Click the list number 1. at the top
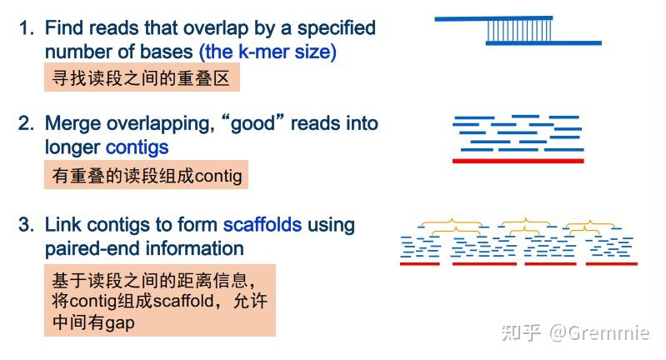pos(28,28)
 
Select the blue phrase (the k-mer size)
pos(268,52)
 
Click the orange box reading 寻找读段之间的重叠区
pos(142,79)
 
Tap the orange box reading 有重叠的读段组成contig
pos(146,176)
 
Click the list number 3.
pos(28,225)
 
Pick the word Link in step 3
pos(63,225)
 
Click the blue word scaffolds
pos(263,225)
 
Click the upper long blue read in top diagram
pos(493,17)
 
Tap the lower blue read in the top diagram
pos(543,42)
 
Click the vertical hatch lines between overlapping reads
pos(519,30)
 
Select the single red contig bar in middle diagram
pos(518,161)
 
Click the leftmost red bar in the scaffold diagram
pos(420,264)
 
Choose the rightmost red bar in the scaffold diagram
pos(611,264)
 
